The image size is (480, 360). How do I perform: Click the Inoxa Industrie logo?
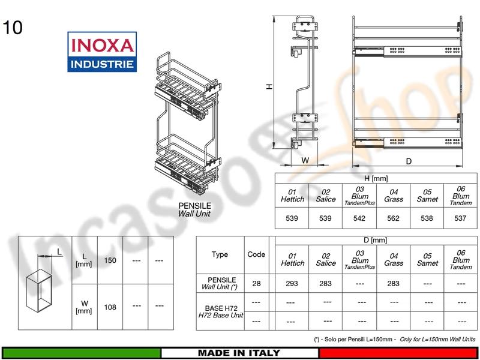point(102,52)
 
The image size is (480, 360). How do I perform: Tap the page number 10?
point(13,28)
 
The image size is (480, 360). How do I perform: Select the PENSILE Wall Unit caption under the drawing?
point(194,209)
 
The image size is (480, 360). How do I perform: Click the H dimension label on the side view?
point(269,86)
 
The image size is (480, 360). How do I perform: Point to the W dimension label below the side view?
point(305,160)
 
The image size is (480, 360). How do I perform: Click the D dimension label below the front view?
point(409,161)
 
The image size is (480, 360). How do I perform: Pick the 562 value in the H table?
point(393,218)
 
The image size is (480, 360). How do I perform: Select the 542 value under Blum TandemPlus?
point(359,218)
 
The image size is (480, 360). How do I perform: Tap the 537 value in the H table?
point(460,218)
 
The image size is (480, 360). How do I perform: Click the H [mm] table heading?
point(376,178)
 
